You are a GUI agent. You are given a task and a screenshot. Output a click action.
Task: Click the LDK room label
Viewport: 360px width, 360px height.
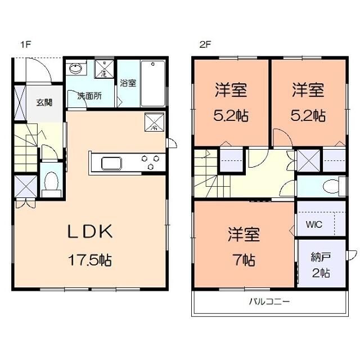click(91, 231)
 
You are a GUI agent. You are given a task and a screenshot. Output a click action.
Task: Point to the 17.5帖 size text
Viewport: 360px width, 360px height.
click(90, 260)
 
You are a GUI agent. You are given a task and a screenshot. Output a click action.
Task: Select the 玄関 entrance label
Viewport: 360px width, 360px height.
click(44, 102)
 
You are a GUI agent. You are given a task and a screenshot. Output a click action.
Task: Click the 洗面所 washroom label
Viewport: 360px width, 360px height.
click(89, 96)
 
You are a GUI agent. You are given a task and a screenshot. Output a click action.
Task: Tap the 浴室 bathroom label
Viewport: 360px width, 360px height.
click(128, 84)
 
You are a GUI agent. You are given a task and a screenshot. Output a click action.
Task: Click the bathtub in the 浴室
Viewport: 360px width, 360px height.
click(153, 83)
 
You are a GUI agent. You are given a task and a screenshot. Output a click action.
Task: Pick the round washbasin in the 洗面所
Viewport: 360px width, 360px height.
click(75, 70)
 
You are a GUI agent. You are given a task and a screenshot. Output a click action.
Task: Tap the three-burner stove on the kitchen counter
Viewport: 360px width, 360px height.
click(151, 163)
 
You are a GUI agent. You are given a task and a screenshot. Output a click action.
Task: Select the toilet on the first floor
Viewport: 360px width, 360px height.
click(51, 182)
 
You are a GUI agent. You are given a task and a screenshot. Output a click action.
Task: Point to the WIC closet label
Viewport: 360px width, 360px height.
click(314, 224)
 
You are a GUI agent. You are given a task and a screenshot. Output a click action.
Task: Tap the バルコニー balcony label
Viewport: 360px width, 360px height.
click(269, 302)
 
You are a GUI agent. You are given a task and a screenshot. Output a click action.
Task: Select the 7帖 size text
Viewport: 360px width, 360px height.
click(243, 260)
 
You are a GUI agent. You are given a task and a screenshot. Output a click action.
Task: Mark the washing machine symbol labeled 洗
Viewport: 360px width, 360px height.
click(104, 70)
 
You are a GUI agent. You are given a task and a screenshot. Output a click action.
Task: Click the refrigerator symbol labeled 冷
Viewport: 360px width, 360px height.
click(155, 123)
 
